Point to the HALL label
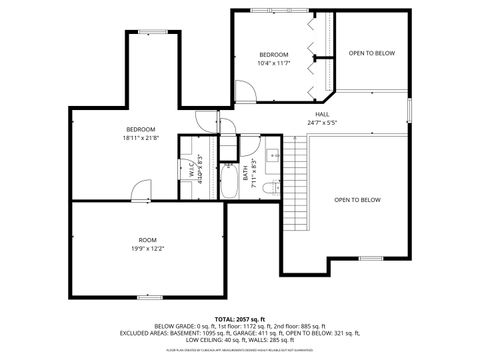(x=322, y=114)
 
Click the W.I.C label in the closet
(x=191, y=170)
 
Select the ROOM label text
(x=147, y=240)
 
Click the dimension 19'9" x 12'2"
(x=147, y=248)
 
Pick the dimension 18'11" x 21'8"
(x=140, y=137)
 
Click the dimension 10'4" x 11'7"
(x=273, y=63)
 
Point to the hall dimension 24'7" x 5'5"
(x=322, y=123)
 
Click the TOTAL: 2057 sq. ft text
(x=239, y=317)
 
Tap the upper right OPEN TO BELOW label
(x=371, y=53)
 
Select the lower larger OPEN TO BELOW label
(x=357, y=200)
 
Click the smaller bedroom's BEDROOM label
(x=273, y=54)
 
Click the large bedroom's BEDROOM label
(x=140, y=128)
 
